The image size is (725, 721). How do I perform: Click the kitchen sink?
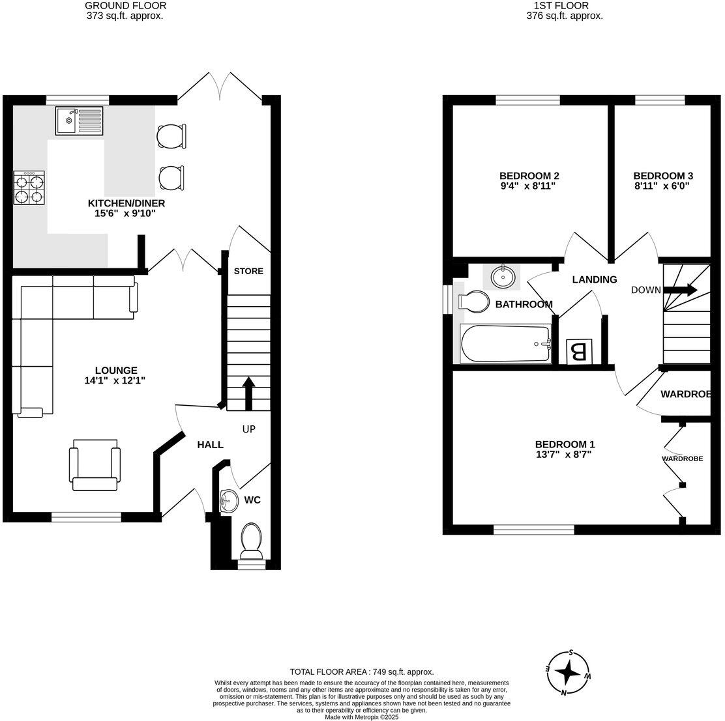(79, 121)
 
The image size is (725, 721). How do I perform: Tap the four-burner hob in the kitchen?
(29, 188)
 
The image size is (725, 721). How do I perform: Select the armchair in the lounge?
(95, 464)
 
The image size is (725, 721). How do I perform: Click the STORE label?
(248, 271)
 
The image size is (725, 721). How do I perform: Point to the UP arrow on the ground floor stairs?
(248, 393)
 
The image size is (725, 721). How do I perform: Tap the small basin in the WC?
(226, 501)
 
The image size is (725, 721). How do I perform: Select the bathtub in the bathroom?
(505, 344)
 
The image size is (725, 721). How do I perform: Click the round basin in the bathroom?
(502, 277)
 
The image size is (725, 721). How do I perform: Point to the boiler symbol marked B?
(578, 352)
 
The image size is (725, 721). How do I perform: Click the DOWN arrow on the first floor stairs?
(681, 290)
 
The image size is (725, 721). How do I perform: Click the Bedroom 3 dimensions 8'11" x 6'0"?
(662, 186)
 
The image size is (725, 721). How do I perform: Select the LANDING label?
(594, 279)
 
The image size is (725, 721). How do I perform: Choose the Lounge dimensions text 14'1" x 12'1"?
(115, 381)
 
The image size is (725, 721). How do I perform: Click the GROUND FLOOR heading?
(125, 6)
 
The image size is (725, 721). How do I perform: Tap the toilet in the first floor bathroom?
(474, 302)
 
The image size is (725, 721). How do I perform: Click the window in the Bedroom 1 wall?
(533, 530)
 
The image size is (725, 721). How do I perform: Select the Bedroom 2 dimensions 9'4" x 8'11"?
(529, 186)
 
